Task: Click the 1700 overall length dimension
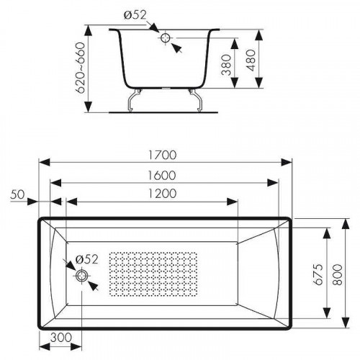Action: pos(163,155)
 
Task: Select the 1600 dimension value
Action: pos(161,176)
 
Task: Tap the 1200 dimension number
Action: pos(162,194)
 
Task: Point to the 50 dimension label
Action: pos(17,194)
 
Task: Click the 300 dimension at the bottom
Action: pos(61,338)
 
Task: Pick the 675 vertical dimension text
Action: pos(319,274)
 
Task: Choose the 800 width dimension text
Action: pos(338,275)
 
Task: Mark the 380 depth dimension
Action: pos(226,65)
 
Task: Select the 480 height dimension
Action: pos(251,60)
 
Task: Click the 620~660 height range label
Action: pos(81,68)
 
